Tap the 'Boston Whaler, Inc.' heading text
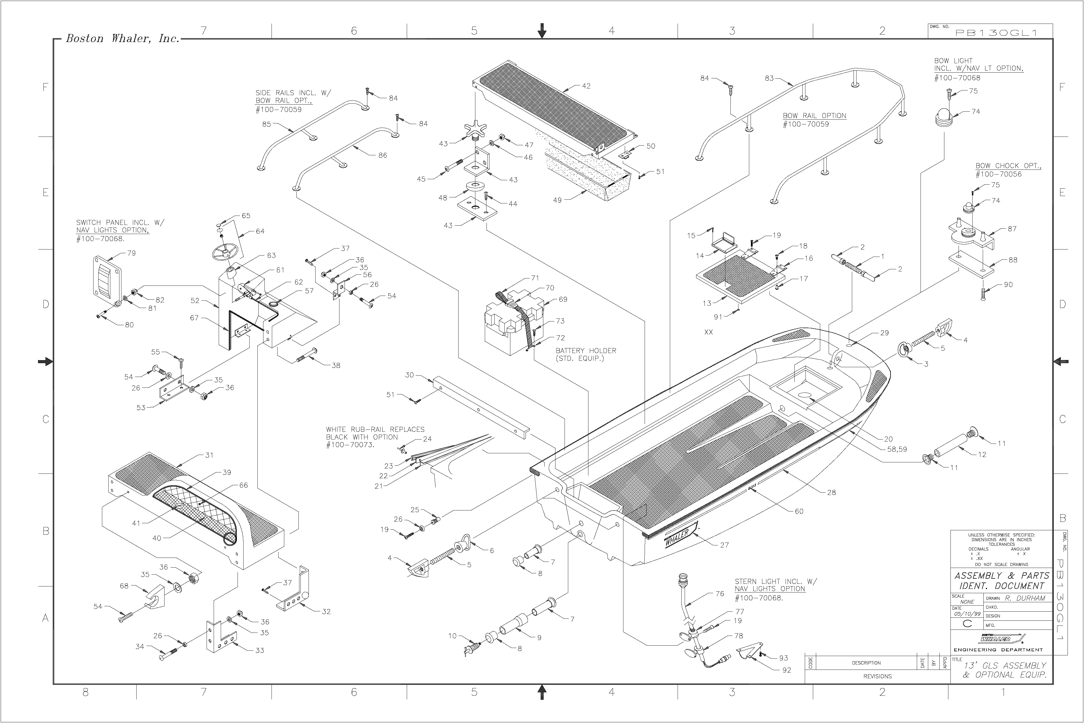tap(122, 38)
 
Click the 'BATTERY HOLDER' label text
tap(586, 350)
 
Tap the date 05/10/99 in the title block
tap(967, 614)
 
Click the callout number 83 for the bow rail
tap(769, 78)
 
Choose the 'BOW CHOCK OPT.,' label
tap(1008, 165)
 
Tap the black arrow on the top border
tap(542, 31)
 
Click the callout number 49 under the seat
tap(557, 200)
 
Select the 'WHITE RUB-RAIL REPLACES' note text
tap(375, 429)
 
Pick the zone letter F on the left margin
tap(45, 87)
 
